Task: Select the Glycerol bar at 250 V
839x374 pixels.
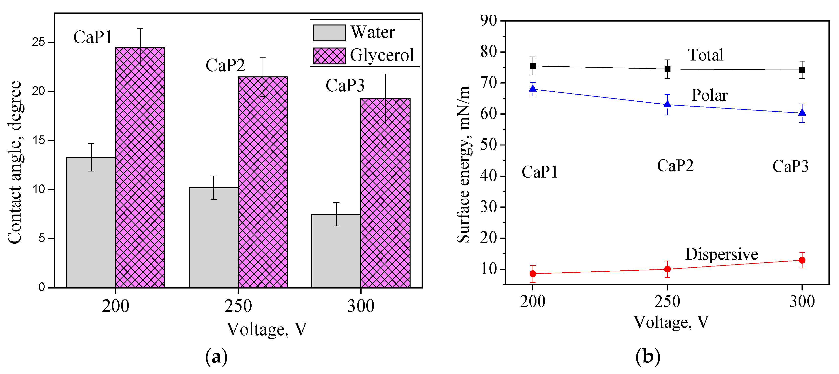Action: tap(263, 182)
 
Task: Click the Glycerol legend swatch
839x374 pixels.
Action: tap(329, 56)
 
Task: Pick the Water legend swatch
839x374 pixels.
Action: tap(329, 33)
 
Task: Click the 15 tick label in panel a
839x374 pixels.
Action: tap(38, 140)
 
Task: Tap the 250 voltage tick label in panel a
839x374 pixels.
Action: tap(238, 306)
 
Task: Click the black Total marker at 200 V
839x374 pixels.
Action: tap(533, 66)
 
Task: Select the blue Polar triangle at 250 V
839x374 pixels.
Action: tap(667, 104)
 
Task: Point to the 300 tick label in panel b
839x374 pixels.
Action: tap(802, 301)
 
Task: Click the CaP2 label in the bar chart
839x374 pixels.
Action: tap(225, 65)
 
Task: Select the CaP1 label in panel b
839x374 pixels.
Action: tap(540, 172)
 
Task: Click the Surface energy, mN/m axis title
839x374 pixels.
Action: tap(463, 165)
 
